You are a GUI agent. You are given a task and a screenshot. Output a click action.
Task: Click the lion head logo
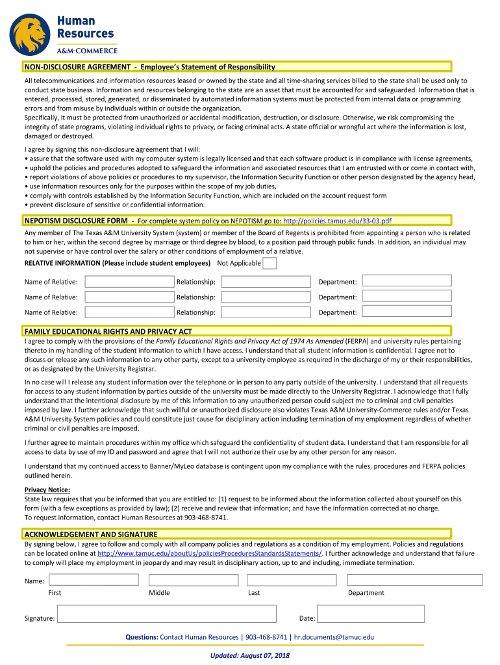click(x=32, y=35)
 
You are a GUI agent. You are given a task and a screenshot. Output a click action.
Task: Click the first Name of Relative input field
click(x=129, y=281)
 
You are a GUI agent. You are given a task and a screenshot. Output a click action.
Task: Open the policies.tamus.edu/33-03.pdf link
click(x=337, y=221)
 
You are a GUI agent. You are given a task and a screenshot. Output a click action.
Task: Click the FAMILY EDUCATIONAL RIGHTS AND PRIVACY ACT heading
click(x=108, y=331)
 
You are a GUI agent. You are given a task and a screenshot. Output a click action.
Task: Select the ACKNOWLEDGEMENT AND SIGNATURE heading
click(x=91, y=534)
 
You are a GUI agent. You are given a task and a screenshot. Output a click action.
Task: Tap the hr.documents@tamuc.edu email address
click(x=334, y=637)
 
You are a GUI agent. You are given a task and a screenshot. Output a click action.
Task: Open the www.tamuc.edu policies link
click(x=210, y=553)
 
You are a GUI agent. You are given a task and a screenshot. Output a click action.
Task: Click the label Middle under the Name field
click(x=159, y=592)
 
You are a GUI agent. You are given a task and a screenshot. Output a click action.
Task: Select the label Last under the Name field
click(x=254, y=592)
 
